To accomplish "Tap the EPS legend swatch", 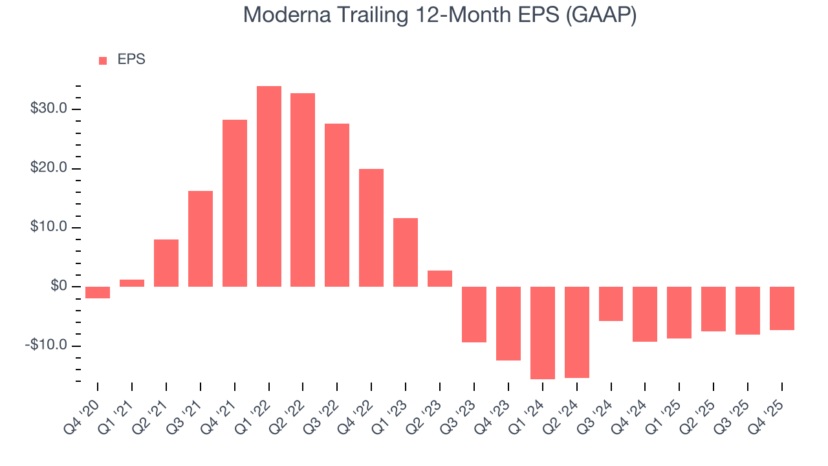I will (103, 60).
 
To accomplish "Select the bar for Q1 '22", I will (269, 186).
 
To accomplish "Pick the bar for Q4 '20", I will (98, 293).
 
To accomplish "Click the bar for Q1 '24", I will (543, 333).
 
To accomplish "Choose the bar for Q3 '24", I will (611, 304).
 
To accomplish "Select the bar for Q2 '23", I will (440, 278).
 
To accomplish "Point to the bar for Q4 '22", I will (371, 228).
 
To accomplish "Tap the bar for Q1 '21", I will (132, 283).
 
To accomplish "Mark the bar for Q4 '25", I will (782, 308).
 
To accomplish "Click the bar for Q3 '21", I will (201, 239).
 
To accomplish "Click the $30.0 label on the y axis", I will (49, 109).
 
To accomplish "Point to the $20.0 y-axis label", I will (49, 168).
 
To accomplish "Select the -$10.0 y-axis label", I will (47, 346).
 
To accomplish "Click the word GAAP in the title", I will (601, 16).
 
